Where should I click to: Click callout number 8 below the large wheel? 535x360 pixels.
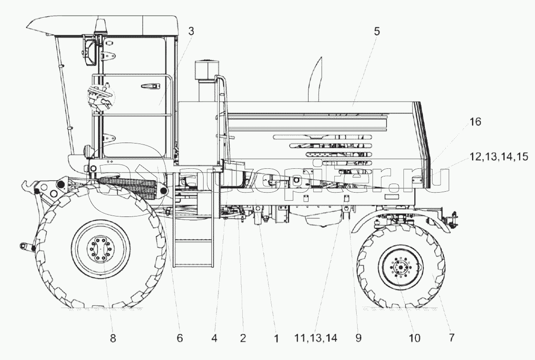click(x=113, y=339)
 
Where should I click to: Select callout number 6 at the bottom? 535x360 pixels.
click(x=179, y=339)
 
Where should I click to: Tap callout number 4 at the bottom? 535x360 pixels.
click(x=215, y=339)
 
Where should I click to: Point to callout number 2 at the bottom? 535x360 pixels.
click(x=243, y=339)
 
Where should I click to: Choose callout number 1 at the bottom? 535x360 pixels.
click(x=276, y=339)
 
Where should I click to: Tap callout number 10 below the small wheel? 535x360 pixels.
click(x=414, y=339)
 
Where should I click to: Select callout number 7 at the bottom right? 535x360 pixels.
click(x=451, y=339)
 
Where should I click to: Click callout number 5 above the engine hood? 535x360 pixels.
click(x=377, y=32)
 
